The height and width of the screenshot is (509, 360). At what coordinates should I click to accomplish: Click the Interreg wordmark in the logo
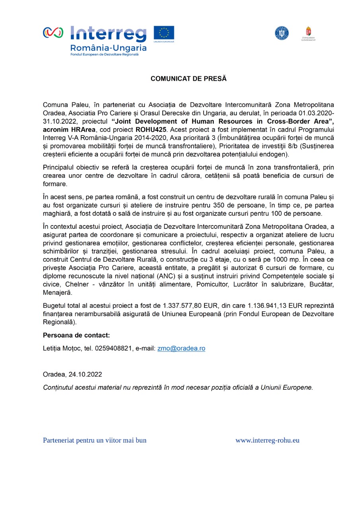tap(108, 34)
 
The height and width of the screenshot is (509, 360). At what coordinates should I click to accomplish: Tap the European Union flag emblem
tap(164, 33)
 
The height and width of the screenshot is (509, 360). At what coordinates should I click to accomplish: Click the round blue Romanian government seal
tap(282, 33)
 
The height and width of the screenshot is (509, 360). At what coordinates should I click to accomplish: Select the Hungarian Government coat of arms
tap(308, 32)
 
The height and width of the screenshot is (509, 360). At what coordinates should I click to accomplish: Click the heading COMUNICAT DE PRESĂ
tap(188, 79)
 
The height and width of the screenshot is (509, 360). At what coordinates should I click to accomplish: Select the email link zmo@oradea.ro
tap(181, 348)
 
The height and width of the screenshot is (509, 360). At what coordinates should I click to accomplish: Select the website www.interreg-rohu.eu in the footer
tap(267, 440)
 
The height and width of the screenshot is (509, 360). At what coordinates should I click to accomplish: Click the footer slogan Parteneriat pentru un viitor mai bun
tap(95, 440)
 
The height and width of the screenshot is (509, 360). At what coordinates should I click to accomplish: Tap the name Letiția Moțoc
tap(62, 348)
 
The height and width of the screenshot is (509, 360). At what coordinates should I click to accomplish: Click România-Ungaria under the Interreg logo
tap(108, 48)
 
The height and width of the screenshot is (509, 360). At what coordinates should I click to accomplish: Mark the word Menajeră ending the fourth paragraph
tap(57, 293)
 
